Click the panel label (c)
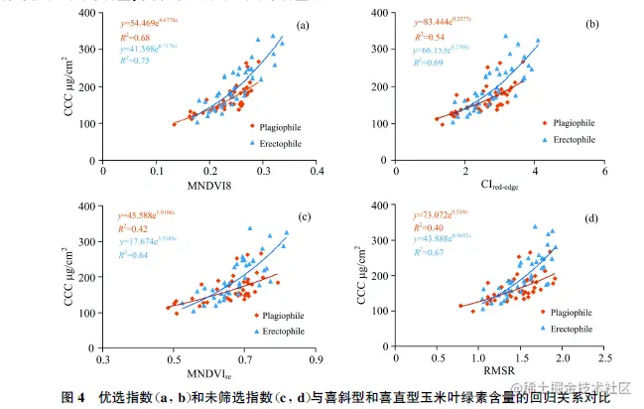[303, 217]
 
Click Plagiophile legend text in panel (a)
[278, 127]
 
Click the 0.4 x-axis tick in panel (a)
[317, 171]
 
